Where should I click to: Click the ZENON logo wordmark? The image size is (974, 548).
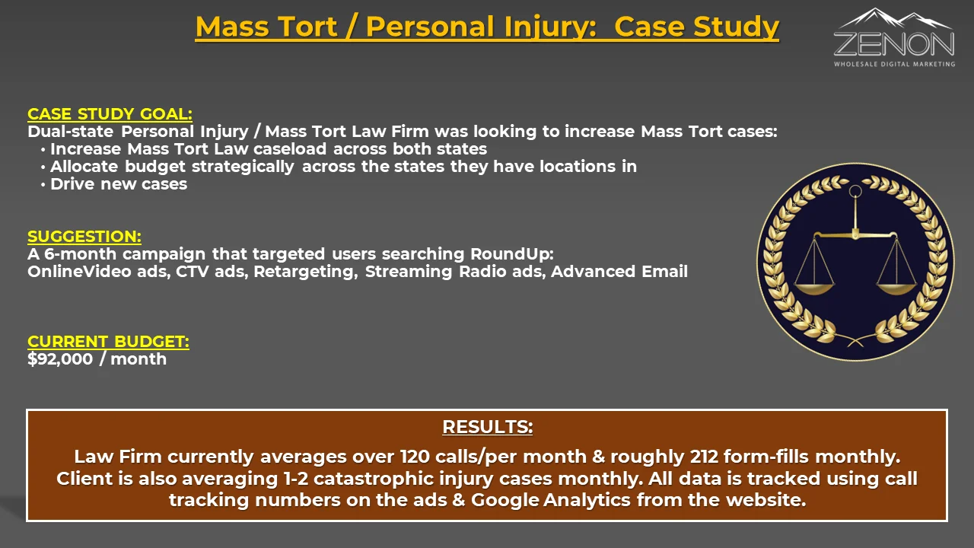click(x=894, y=43)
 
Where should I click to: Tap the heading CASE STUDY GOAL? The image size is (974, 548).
click(x=110, y=114)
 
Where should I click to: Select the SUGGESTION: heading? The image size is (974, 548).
click(x=84, y=237)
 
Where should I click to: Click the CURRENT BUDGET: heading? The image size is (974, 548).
click(x=108, y=342)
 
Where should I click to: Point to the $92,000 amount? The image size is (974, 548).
click(x=60, y=359)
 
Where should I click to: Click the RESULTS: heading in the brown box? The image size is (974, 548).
click(x=488, y=427)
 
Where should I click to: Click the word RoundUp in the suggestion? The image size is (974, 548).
click(x=512, y=254)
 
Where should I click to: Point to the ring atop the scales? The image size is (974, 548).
click(x=855, y=191)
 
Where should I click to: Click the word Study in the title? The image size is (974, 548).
click(x=736, y=27)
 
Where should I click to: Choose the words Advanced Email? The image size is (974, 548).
click(x=619, y=272)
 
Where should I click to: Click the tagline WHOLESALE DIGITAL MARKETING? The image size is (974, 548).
click(x=894, y=64)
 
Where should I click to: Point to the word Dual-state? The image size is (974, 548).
click(x=71, y=132)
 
